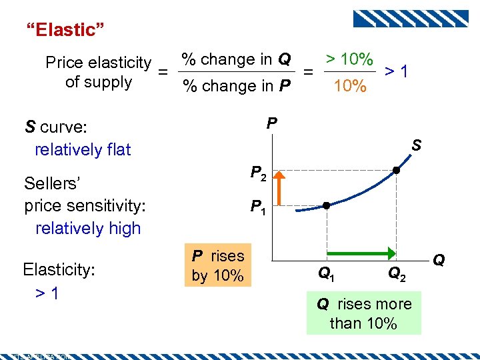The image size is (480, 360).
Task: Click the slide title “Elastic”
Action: coord(65,29)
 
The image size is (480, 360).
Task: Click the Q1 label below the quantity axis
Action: coord(326,272)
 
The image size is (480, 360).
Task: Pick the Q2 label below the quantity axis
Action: coord(396,272)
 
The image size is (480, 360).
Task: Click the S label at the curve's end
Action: coord(416,144)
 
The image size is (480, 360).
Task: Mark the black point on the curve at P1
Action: coord(327,205)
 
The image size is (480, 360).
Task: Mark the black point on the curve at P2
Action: coord(396,171)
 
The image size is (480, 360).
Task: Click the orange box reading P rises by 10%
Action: coord(218,265)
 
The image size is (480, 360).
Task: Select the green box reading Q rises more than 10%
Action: coord(364,313)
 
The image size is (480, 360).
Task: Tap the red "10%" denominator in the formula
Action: coord(349,86)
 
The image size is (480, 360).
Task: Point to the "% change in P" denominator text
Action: coord(236,86)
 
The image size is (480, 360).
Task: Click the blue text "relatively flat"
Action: coord(83,149)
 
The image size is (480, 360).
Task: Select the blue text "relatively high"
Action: coord(88,228)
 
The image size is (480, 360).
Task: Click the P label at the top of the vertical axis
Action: coord(271,123)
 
